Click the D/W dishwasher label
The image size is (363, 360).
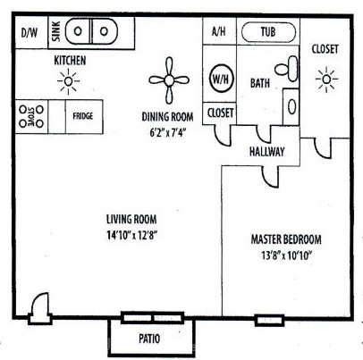30,32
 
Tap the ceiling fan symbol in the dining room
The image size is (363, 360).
169,80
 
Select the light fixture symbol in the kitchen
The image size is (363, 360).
68,81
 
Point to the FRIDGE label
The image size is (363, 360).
83,116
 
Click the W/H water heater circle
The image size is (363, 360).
221,79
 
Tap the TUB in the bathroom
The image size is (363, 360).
268,32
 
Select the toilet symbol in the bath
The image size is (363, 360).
287,69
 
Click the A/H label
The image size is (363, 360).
219,31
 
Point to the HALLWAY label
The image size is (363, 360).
266,152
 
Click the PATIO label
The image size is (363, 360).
149,339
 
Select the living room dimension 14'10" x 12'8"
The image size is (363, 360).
131,235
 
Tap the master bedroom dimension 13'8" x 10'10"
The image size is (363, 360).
286,255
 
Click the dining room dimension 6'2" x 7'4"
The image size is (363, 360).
167,132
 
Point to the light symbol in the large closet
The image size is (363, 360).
326,80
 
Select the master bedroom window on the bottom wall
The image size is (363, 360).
269,321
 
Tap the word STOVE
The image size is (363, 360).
31,116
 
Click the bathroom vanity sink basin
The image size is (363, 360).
292,106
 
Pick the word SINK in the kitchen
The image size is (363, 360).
56,31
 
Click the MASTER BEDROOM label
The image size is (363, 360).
286,239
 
